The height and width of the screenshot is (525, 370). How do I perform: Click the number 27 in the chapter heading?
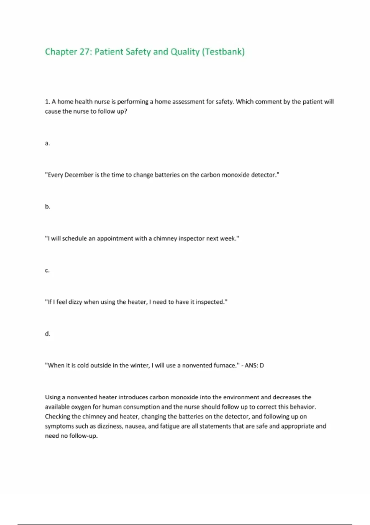tap(84, 52)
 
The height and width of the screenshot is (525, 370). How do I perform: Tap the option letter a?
tap(47, 143)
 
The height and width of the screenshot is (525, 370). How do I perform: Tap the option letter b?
tap(47, 207)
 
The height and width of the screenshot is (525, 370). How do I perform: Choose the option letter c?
tap(47, 271)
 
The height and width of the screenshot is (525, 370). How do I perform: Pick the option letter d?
tap(47, 334)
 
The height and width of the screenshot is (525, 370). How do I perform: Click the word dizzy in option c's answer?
tap(75, 302)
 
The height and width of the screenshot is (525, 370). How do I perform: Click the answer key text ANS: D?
tap(254, 365)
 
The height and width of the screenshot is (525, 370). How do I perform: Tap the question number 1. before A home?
tap(47, 102)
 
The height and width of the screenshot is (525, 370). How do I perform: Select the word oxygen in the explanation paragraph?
tap(81, 407)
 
